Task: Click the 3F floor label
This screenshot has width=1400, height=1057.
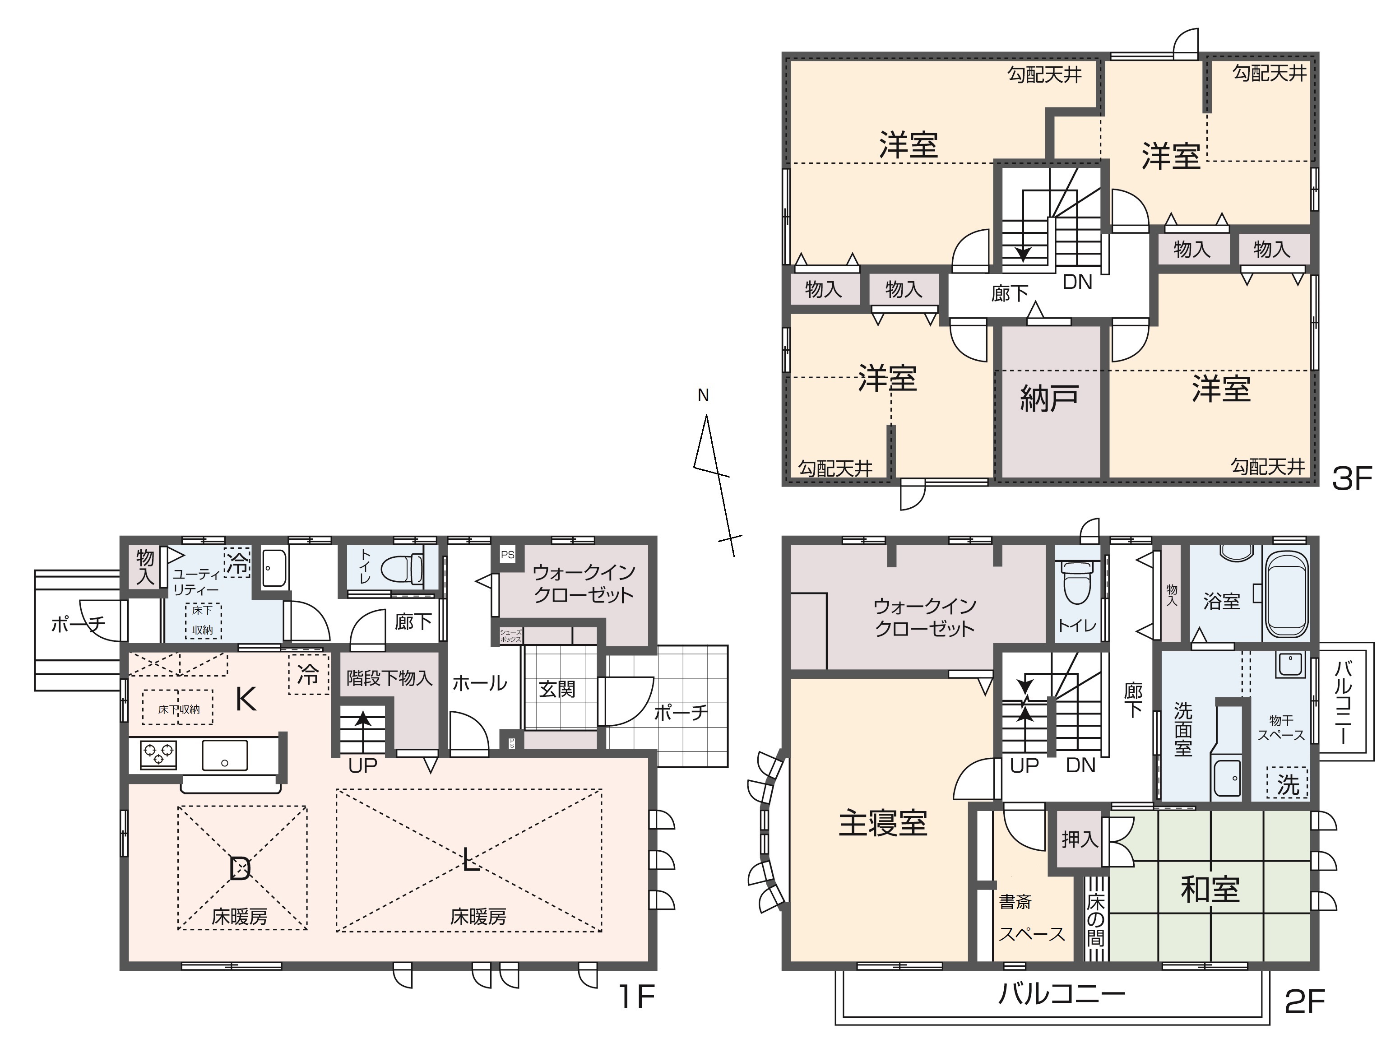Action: [1351, 479]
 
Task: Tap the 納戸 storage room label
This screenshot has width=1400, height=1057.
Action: [1049, 399]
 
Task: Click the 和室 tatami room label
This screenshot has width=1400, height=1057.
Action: [1210, 889]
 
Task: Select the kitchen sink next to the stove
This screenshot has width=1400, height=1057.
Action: [225, 755]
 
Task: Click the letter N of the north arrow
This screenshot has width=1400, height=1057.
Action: [703, 395]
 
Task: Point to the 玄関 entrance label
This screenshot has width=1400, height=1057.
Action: [557, 689]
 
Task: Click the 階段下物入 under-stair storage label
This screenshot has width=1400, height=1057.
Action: [389, 678]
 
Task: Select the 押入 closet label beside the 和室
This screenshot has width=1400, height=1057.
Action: [1079, 840]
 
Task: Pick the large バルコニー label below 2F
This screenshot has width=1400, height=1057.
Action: [1062, 994]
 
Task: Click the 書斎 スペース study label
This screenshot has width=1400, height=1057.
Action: [1030, 918]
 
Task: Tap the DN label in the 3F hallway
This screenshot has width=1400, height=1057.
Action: [1077, 282]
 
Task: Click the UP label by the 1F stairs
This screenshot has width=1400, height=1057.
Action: [363, 766]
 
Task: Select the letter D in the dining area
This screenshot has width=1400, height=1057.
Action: [240, 868]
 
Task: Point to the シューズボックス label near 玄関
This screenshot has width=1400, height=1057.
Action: [511, 635]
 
